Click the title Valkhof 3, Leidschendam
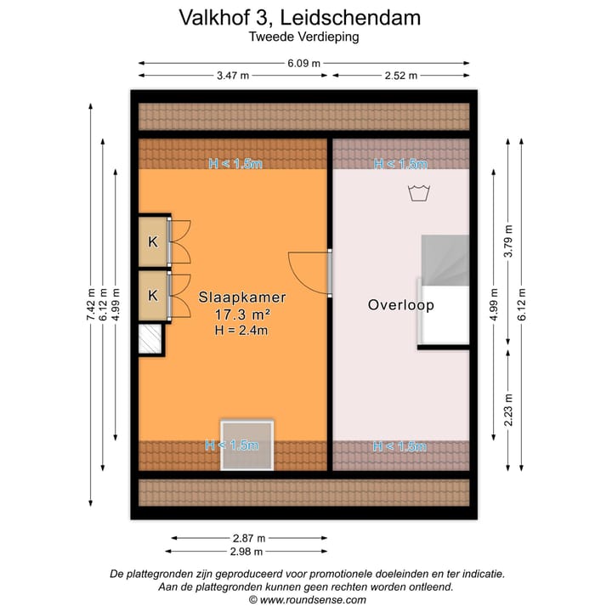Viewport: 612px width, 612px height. (x=299, y=17)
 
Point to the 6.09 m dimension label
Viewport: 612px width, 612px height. (x=303, y=62)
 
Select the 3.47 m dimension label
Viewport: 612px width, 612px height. (x=232, y=75)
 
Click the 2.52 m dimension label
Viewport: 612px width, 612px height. (x=400, y=75)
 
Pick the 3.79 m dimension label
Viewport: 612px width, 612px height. (x=509, y=241)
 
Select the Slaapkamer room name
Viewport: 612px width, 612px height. (x=242, y=298)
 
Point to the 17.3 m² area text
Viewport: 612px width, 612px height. (x=242, y=314)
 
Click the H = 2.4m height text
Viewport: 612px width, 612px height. (x=242, y=330)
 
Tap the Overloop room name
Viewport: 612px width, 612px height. (x=400, y=304)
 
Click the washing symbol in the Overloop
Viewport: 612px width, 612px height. (x=416, y=193)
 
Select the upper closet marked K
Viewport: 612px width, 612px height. (x=153, y=241)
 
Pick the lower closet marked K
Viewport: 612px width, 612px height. (x=153, y=296)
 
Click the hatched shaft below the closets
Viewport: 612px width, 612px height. (x=150, y=339)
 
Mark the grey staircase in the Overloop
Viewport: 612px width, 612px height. (x=445, y=263)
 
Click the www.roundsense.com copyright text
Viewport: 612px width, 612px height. (x=306, y=599)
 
